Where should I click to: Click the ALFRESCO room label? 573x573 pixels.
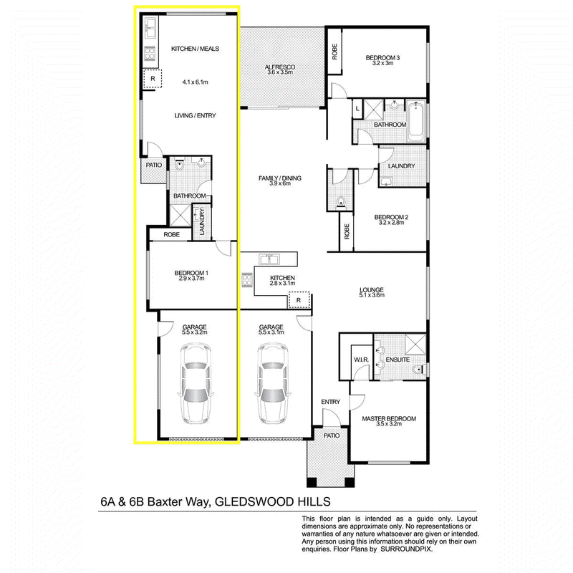279,67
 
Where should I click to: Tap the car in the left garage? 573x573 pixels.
196,384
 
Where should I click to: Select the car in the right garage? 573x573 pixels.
274,384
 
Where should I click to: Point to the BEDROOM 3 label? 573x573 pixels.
382,58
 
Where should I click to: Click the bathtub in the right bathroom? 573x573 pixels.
417,122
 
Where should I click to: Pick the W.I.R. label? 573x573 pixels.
361,360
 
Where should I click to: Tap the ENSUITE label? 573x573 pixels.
398,360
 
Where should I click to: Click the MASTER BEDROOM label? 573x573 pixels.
389,419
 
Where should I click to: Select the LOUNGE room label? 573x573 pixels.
372,290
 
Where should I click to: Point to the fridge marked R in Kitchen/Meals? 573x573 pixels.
153,79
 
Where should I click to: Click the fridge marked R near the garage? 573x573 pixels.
299,300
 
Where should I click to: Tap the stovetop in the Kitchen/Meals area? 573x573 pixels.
150,54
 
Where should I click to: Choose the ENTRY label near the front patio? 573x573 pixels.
331,402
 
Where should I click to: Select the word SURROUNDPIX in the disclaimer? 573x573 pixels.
406,549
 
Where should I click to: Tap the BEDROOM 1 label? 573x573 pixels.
191,273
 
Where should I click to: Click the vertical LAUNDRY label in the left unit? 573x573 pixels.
203,221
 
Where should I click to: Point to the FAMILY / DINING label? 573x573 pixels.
280,178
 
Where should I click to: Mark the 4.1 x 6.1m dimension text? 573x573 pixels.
195,82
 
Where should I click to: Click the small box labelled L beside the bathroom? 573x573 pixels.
357,109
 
